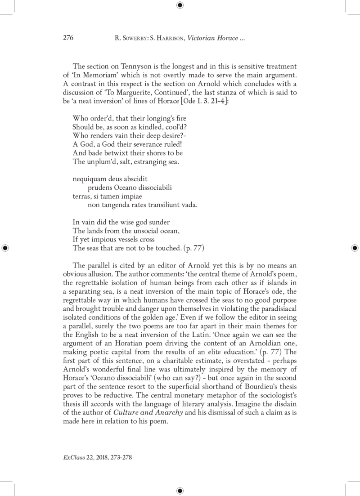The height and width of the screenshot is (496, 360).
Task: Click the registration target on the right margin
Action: (355, 247)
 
